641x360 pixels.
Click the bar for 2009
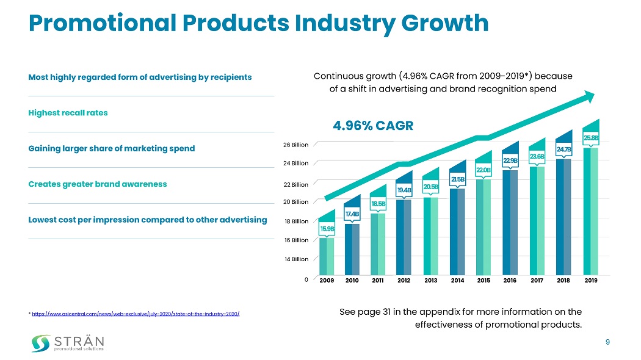click(327, 256)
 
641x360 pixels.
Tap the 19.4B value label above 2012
click(404, 191)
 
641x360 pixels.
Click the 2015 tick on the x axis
click(483, 281)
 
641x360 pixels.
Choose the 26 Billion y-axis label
click(295, 145)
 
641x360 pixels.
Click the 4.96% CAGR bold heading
click(373, 126)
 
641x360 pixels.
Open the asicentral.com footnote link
click(135, 314)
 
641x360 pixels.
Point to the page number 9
click(607, 342)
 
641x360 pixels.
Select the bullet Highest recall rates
click(68, 113)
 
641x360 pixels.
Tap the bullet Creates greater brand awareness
click(98, 184)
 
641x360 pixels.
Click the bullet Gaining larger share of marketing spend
click(112, 148)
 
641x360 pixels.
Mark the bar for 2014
click(457, 231)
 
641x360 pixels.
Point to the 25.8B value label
click(590, 138)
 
